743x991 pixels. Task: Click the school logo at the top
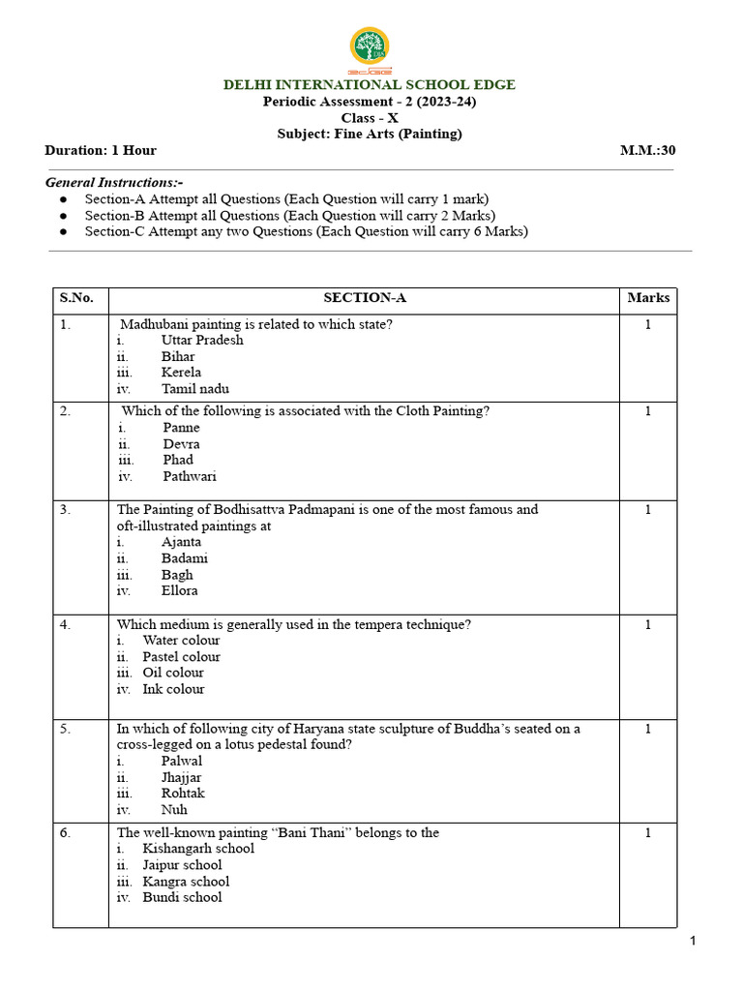click(x=370, y=48)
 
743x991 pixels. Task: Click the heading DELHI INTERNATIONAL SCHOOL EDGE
click(x=370, y=85)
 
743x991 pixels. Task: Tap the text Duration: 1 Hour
click(x=101, y=150)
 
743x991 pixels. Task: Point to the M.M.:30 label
click(x=647, y=150)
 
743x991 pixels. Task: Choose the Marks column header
click(x=648, y=298)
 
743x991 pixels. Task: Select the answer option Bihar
click(x=178, y=356)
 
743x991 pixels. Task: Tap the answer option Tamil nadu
click(x=195, y=389)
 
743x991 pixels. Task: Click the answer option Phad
click(x=178, y=460)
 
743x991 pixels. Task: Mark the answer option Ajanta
click(x=182, y=542)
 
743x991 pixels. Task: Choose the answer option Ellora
click(x=180, y=590)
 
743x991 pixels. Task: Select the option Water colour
click(x=181, y=640)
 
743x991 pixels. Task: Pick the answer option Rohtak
click(x=183, y=794)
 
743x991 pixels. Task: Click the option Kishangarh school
click(x=198, y=849)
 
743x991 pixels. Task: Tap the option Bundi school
click(x=182, y=897)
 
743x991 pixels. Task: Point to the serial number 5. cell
click(x=65, y=729)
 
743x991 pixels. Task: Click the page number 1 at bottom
click(x=693, y=941)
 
